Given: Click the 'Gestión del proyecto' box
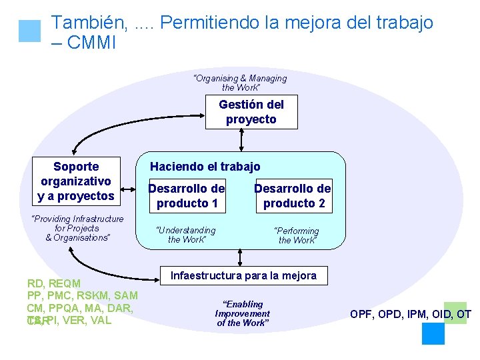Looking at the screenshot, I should [251, 112].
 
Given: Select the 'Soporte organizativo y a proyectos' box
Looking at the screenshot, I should [76, 181].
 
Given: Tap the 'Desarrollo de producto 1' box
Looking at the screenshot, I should [187, 195].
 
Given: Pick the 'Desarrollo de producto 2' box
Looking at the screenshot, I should [292, 196].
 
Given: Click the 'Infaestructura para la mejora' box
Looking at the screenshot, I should [244, 275].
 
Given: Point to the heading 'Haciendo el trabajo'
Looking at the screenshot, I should [205, 167].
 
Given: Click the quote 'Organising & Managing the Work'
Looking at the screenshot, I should [240, 83].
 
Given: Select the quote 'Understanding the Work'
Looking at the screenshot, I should [186, 235].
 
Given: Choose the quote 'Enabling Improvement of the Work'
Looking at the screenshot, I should [242, 313].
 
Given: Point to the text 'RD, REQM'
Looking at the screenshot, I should [54, 283].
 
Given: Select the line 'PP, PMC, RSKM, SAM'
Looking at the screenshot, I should [83, 295].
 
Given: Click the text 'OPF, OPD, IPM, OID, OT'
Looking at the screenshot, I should [411, 314].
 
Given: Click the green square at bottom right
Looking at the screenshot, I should [455, 313].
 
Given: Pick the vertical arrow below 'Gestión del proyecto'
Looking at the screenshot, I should [241, 140].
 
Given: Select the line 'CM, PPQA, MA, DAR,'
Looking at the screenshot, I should [80, 308].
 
